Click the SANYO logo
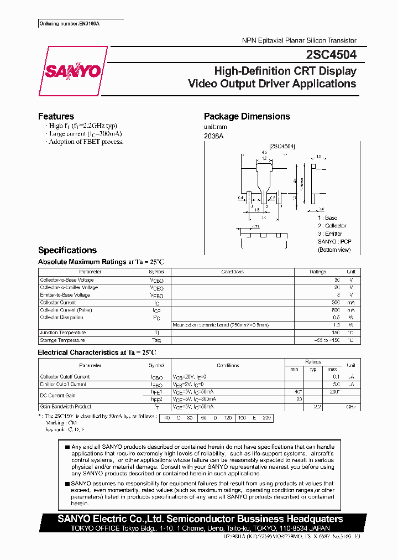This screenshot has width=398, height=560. click(72, 71)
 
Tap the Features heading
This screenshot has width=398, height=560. click(56, 116)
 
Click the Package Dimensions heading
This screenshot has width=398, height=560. click(247, 116)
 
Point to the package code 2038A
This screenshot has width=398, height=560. click(213, 136)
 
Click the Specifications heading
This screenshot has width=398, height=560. click(67, 250)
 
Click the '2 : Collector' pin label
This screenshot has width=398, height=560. click(332, 226)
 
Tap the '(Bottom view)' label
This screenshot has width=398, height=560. click(334, 250)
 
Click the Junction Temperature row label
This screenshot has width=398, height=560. click(62, 333)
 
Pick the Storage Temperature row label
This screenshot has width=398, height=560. click(62, 340)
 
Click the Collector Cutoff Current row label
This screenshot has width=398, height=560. click(65, 377)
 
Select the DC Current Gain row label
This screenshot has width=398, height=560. click(57, 396)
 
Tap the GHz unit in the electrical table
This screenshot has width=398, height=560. click(350, 407)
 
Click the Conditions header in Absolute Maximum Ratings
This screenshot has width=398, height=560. click(232, 272)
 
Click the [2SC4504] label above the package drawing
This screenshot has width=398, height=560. click(282, 146)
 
